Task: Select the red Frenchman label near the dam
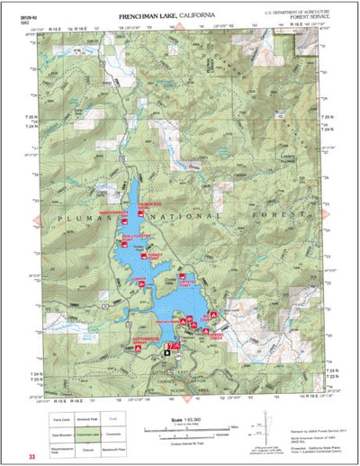tap(166, 321)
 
